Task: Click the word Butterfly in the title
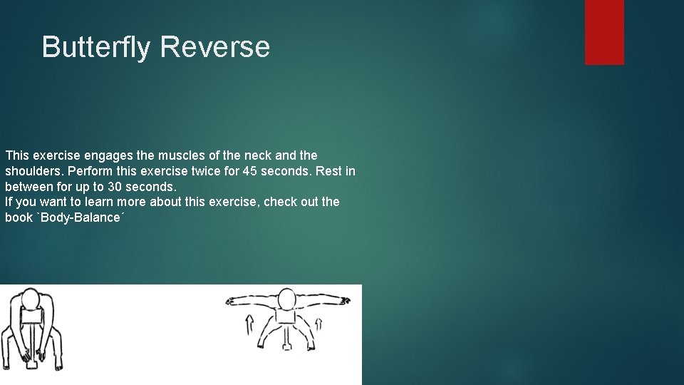(97, 47)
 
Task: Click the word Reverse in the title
(215, 47)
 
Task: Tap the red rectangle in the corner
(604, 32)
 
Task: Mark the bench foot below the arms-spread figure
(286, 346)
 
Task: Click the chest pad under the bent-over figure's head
(32, 316)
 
